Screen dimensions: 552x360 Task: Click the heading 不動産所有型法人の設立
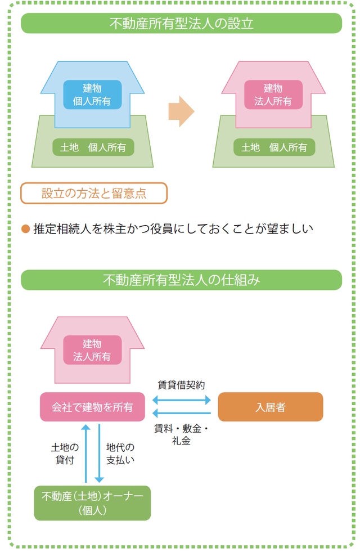pyautogui.click(x=181, y=24)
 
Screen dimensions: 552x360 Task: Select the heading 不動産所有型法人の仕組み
pyautogui.click(x=181, y=280)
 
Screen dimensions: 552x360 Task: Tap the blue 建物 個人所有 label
pyautogui.click(x=92, y=95)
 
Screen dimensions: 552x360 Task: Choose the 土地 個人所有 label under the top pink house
pyautogui.click(x=274, y=147)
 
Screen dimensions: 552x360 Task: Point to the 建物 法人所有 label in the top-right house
pyautogui.click(x=273, y=95)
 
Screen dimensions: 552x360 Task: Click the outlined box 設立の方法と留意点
pyautogui.click(x=94, y=194)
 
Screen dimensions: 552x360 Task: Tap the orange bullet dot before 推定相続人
pyautogui.click(x=25, y=229)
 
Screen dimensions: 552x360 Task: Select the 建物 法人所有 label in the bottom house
pyautogui.click(x=92, y=350)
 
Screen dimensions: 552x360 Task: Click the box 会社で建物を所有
pyautogui.click(x=93, y=407)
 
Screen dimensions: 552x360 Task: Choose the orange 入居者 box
pyautogui.click(x=270, y=407)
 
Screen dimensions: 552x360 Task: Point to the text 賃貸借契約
pyautogui.click(x=181, y=385)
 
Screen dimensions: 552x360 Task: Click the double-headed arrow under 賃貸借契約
pyautogui.click(x=182, y=400)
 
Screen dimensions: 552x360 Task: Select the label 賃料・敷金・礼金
pyautogui.click(x=181, y=434)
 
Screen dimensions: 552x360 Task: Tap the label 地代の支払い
pyautogui.click(x=120, y=454)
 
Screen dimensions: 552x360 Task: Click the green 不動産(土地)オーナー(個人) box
pyautogui.click(x=93, y=503)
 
